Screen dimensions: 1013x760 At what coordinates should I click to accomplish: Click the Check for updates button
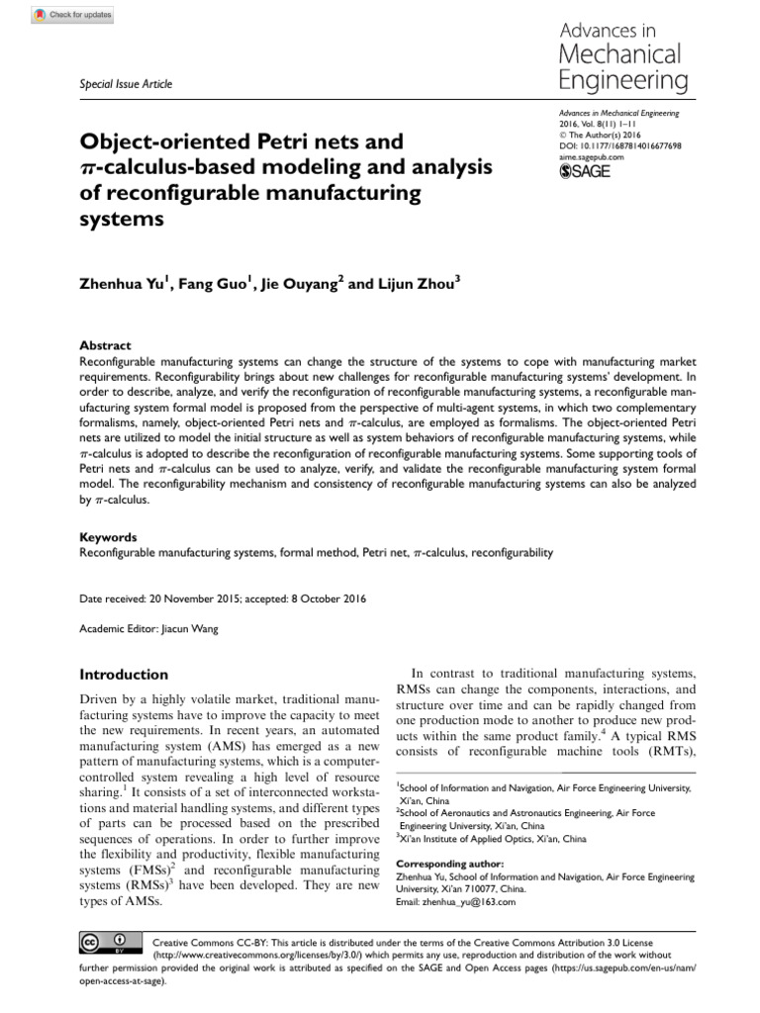point(72,15)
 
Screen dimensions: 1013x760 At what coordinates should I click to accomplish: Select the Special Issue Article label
point(125,84)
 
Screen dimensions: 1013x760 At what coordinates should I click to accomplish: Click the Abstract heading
point(105,345)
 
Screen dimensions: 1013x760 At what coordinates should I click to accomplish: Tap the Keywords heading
point(108,537)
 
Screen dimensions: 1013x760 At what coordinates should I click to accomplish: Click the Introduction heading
point(124,675)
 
